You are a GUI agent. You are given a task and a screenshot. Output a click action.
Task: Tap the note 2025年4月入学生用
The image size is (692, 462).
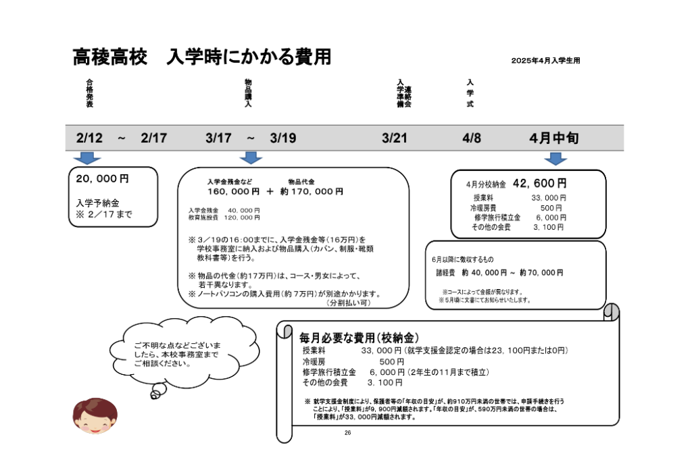[x=545, y=61]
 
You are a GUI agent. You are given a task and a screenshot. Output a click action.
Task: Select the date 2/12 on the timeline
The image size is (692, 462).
[x=89, y=138]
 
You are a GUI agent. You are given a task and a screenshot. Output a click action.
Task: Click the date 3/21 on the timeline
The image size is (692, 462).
[x=395, y=138]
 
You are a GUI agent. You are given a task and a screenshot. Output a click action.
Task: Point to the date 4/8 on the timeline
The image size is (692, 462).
[x=472, y=138]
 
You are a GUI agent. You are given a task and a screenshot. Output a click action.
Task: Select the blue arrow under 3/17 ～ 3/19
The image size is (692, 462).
[x=251, y=158]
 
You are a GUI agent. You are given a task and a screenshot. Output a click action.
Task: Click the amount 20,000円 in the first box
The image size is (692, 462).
[x=102, y=180]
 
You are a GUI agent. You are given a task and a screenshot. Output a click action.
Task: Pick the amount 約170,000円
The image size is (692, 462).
[x=312, y=192]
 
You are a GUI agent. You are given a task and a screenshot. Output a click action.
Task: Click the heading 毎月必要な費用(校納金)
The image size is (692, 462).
[x=360, y=337]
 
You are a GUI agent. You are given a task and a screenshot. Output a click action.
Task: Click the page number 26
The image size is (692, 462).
[x=347, y=432]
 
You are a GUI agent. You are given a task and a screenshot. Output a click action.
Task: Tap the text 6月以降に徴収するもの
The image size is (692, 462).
[x=463, y=259]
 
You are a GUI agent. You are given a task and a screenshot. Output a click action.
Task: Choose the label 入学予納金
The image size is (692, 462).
[x=97, y=203]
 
